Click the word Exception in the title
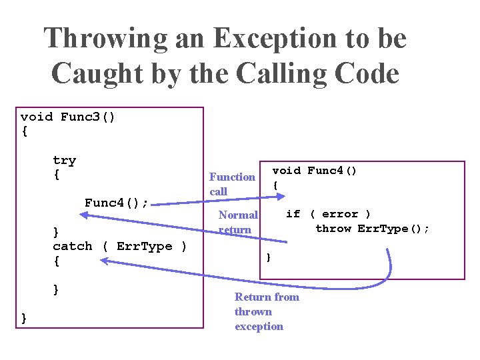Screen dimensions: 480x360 pos(247,39)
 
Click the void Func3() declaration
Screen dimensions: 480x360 pos(68,117)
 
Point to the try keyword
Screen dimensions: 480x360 pos(65,160)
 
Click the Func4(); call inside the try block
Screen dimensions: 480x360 pos(116,203)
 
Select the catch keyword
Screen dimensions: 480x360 pos(73,246)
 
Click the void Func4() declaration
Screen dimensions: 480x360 pos(315,171)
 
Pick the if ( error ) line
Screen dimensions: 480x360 pos(328,214)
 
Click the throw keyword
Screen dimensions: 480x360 pos(333,229)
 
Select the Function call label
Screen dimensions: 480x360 pos(232,184)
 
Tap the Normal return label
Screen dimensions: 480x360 pos(238,222)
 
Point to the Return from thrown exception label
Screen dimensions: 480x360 pos(267,311)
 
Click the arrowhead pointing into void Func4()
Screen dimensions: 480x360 pos(281,197)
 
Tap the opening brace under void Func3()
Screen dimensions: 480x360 pos(25,131)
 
